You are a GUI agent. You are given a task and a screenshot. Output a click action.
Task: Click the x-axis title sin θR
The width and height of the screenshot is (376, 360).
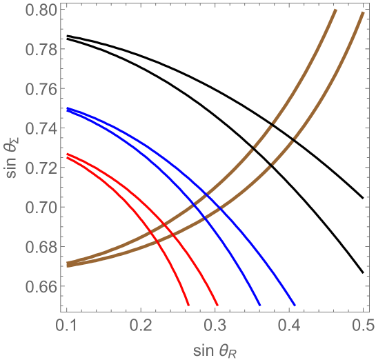(x=215, y=346)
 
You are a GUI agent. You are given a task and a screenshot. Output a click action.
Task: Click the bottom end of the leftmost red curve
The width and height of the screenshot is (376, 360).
(x=188, y=305)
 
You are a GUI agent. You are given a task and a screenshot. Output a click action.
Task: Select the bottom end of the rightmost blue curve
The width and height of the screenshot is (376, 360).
(x=294, y=305)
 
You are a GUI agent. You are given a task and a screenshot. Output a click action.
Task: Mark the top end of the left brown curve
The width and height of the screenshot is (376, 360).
(x=335, y=11)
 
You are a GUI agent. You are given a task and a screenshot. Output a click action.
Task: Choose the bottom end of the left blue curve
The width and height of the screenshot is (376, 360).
(x=259, y=305)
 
